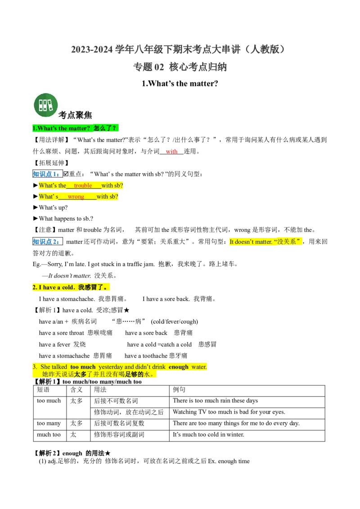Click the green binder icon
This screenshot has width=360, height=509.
point(46,105)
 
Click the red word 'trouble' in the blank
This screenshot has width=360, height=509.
point(83,185)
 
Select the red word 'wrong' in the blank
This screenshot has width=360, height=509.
point(76,196)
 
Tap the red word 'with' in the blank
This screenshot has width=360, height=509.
point(171,151)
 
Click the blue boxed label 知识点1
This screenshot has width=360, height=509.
point(47,174)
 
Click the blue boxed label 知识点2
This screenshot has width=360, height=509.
point(47,241)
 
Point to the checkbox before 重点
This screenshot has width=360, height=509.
point(66,174)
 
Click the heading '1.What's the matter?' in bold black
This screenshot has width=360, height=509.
point(180,84)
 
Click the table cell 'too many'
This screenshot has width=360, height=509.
point(49,423)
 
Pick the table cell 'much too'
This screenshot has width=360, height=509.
point(49,434)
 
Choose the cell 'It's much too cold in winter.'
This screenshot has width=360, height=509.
point(209,434)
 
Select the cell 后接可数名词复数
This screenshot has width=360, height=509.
point(119,423)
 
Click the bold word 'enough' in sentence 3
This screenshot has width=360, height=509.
point(178,367)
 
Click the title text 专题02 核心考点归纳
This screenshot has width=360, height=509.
point(180,67)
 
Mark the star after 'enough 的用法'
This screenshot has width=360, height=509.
point(108,453)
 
